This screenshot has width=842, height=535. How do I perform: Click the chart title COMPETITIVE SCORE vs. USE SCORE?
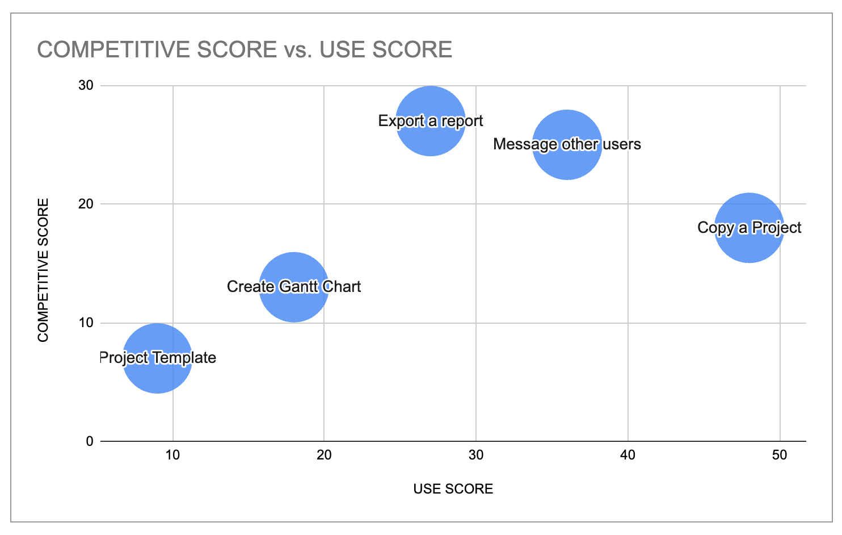click(245, 50)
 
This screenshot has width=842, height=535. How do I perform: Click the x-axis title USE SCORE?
click(453, 489)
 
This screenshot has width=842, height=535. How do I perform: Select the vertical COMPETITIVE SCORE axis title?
click(43, 270)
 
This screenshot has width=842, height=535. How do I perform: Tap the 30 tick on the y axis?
click(86, 86)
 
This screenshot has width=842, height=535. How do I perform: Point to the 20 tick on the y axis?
click(86, 204)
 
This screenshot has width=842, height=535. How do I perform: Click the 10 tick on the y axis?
click(86, 323)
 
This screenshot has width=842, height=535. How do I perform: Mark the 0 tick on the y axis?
click(90, 441)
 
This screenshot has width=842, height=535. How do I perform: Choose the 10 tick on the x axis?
click(172, 455)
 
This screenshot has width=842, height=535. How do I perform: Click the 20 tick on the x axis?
click(324, 455)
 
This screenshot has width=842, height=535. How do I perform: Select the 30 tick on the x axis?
click(476, 455)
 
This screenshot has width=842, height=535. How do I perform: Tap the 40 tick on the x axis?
click(628, 455)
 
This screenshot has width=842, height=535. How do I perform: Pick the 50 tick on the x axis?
click(780, 455)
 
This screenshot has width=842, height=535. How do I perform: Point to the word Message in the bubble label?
click(525, 144)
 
